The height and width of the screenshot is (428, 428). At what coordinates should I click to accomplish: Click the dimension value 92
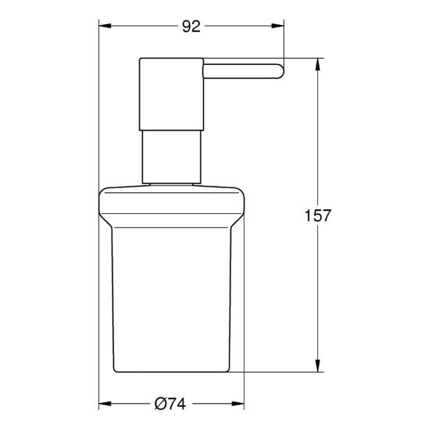tap(191, 27)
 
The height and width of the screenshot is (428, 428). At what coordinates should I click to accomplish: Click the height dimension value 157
tap(319, 215)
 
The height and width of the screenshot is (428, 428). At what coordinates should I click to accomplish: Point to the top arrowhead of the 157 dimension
tap(319, 63)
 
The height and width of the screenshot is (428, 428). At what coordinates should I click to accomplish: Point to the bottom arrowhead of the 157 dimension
tap(319, 366)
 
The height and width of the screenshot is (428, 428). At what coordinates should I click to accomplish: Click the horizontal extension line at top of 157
tap(305, 58)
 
